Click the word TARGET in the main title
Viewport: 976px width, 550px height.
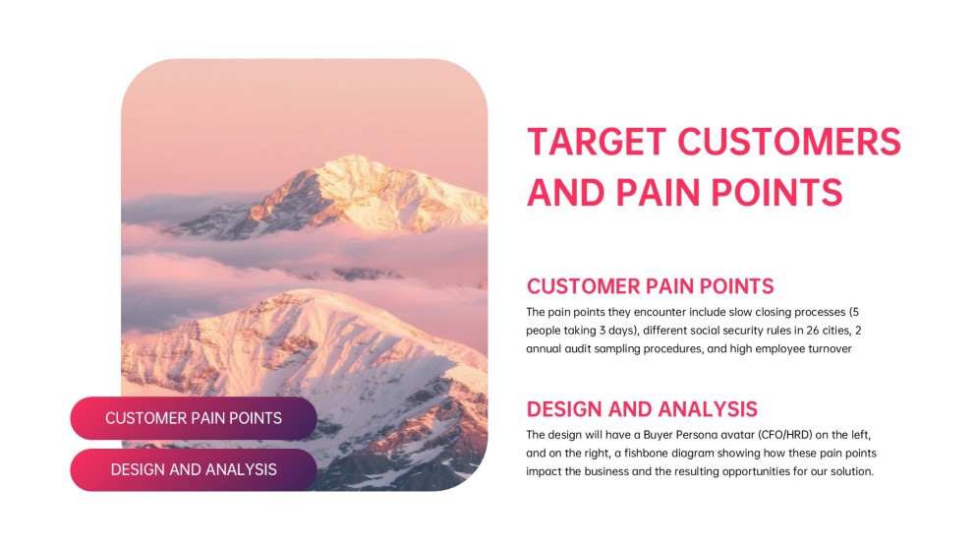(597, 142)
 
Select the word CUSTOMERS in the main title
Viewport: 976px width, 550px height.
(789, 142)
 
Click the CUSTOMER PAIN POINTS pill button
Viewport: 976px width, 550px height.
(194, 418)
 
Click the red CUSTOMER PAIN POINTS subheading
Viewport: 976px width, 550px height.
(650, 286)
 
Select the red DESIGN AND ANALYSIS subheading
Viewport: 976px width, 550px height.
(642, 408)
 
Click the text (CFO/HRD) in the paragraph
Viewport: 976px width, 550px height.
(785, 435)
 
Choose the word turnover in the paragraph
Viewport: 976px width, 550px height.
(830, 349)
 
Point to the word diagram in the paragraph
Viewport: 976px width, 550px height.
(693, 453)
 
